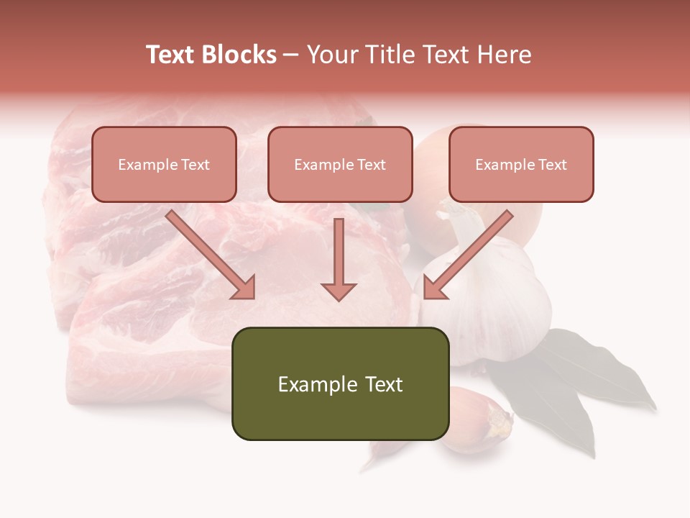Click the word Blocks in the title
(x=239, y=55)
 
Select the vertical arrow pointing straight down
(x=339, y=259)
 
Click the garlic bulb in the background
(x=496, y=302)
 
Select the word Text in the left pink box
(x=195, y=165)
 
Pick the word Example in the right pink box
(x=504, y=165)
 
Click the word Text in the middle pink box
(x=372, y=165)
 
